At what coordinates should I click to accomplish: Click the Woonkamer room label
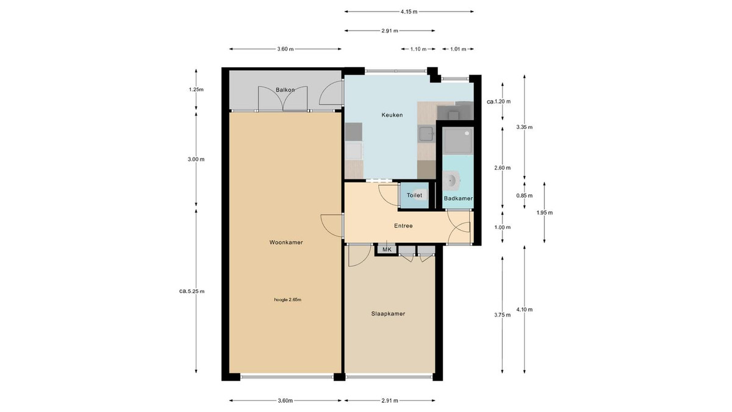click(286, 242)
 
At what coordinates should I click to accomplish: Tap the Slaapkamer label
click(388, 314)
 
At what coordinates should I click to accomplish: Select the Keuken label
click(392, 115)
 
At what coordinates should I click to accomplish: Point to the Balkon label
click(285, 90)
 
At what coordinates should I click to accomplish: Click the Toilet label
click(414, 195)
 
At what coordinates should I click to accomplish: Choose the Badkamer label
click(458, 198)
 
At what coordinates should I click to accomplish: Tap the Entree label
click(403, 226)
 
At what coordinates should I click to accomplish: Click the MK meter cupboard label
click(387, 250)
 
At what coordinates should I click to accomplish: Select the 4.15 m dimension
click(409, 12)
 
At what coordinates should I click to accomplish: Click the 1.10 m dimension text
click(418, 49)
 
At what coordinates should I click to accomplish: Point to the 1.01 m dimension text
click(458, 49)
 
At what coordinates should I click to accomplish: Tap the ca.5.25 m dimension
click(192, 291)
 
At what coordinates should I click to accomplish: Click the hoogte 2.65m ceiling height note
click(287, 300)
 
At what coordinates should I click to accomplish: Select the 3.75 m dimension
click(502, 315)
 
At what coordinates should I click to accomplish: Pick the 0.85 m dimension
click(524, 195)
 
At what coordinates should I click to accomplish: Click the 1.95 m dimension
click(544, 212)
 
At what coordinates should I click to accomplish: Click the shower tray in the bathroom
click(457, 140)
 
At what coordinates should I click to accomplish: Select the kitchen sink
click(427, 134)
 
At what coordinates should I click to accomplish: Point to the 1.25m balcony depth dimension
click(196, 89)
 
